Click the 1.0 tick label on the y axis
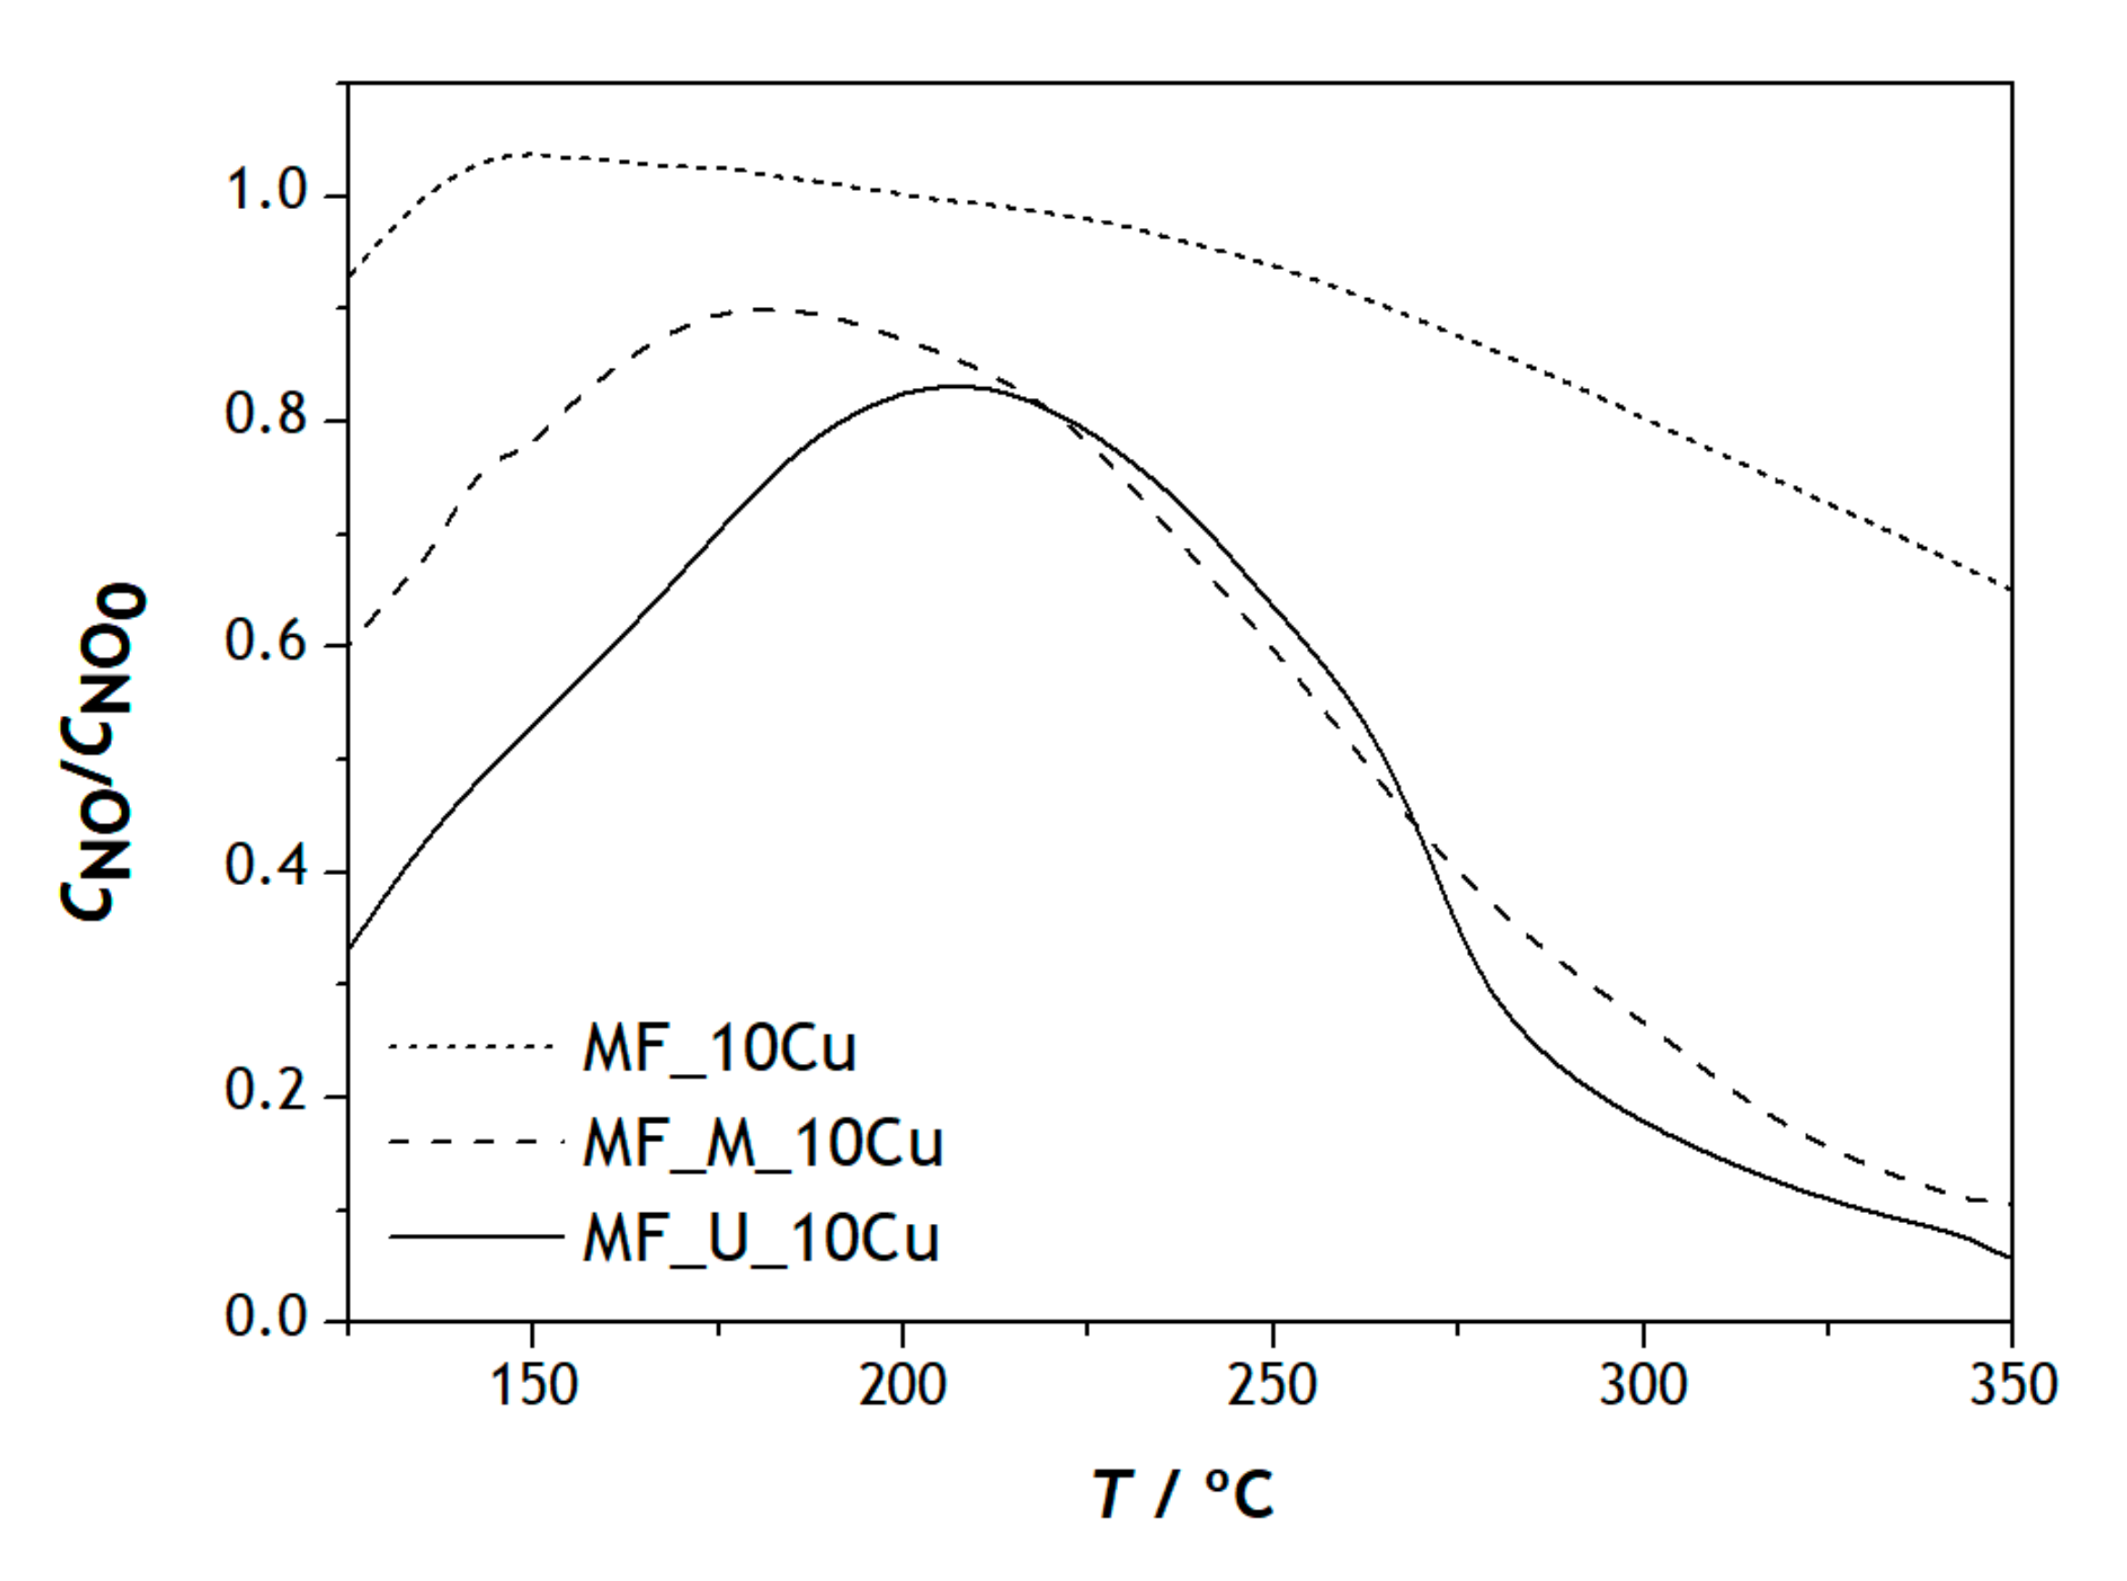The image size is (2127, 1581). pos(265,193)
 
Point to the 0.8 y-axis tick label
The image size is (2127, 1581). pos(265,416)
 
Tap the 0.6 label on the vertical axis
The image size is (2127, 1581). pos(265,641)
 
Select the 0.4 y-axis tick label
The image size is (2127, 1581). pos(265,867)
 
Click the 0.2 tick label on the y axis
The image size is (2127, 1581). pos(265,1092)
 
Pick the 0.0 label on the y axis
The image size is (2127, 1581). pos(265,1317)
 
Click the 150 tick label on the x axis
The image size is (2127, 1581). pos(534,1385)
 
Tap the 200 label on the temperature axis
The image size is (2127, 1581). pos(902,1385)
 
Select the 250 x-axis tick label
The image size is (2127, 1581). pos(1273,1385)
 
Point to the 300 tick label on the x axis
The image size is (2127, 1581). pos(1643,1385)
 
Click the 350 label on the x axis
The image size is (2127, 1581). pos(2012,1385)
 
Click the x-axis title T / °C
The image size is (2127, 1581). pos(1183,1494)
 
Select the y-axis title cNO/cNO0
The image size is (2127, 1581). pos(104,751)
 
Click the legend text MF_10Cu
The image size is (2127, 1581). pos(719,1049)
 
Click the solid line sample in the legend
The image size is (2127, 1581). pos(475,1237)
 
